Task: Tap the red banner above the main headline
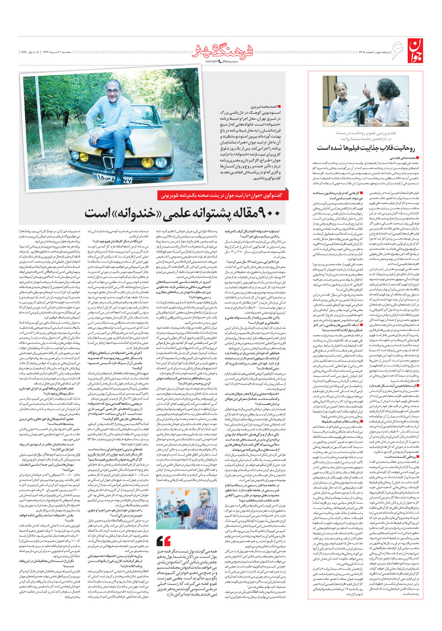(221, 195)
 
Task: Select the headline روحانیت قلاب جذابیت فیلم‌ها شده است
(365, 148)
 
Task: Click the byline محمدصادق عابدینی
(402, 158)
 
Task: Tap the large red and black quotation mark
(164, 541)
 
